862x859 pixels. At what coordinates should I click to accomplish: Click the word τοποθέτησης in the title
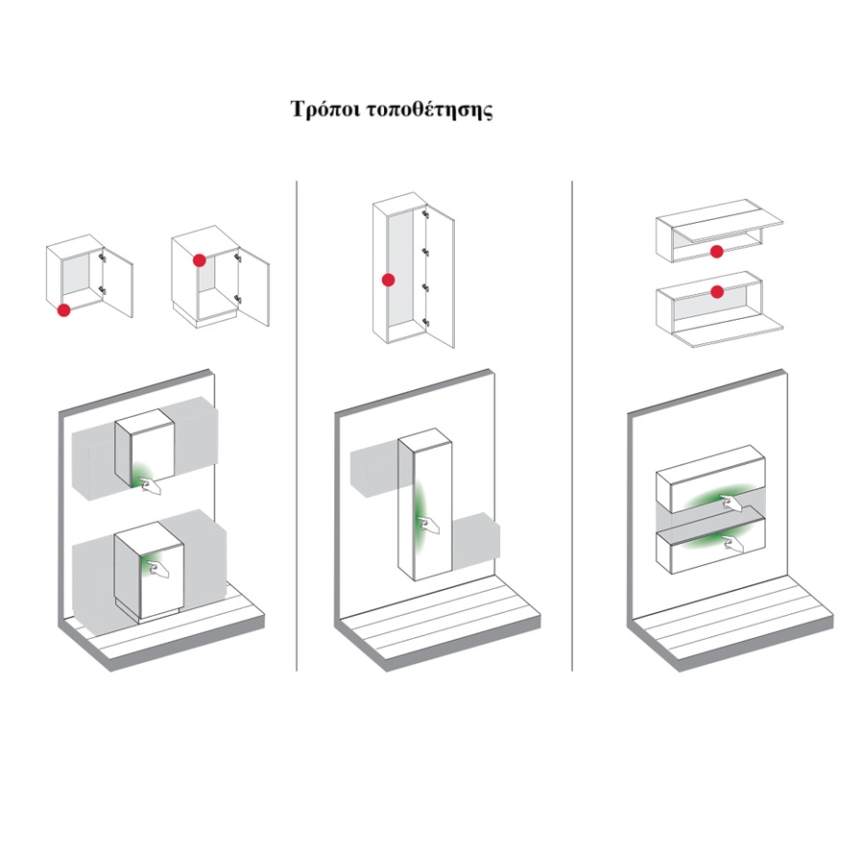(429, 110)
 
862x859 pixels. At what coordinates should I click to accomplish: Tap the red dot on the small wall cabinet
(63, 310)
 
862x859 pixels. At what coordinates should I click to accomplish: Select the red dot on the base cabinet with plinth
(200, 260)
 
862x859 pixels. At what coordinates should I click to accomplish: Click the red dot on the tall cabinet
(388, 281)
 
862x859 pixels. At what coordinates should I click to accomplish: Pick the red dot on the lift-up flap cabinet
(716, 252)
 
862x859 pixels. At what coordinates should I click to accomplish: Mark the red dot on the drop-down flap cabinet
(717, 292)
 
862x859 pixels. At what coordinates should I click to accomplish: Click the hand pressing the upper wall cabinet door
(149, 486)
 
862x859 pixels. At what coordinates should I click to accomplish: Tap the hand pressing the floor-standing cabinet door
(159, 570)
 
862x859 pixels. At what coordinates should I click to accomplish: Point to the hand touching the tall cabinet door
(428, 525)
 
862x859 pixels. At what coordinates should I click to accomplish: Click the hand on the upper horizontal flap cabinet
(730, 503)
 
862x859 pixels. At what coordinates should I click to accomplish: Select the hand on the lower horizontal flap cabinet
(732, 544)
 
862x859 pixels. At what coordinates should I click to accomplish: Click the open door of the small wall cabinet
(118, 282)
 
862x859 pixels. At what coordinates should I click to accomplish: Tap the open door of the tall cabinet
(441, 277)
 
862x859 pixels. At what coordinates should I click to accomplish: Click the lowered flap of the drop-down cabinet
(728, 332)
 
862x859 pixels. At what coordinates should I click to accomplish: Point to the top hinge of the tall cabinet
(425, 214)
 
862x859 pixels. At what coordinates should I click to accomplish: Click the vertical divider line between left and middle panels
(297, 426)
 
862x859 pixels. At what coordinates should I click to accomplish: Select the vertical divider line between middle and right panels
(572, 426)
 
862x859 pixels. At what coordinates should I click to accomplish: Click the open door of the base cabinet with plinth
(254, 286)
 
